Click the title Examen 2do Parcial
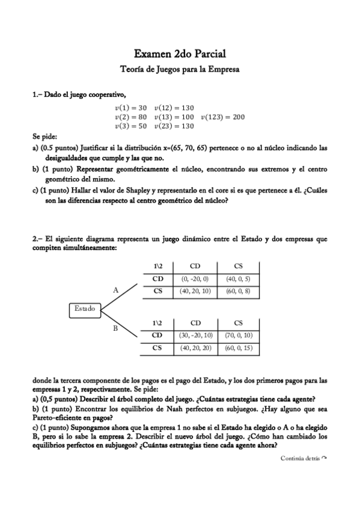tap(180, 55)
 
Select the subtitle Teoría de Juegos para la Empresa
tap(180, 69)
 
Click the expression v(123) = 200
tap(222, 117)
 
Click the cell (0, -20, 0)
tap(194, 279)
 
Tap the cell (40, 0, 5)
tap(238, 279)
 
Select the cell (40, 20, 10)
tap(195, 291)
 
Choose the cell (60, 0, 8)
tap(238, 291)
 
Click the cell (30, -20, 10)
tap(195, 335)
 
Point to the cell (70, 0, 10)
tap(238, 335)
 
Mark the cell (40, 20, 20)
tap(195, 348)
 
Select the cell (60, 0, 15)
tap(238, 348)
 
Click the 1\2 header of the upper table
tap(157, 265)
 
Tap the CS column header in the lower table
tap(238, 322)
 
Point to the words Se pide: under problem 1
tap(44, 137)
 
